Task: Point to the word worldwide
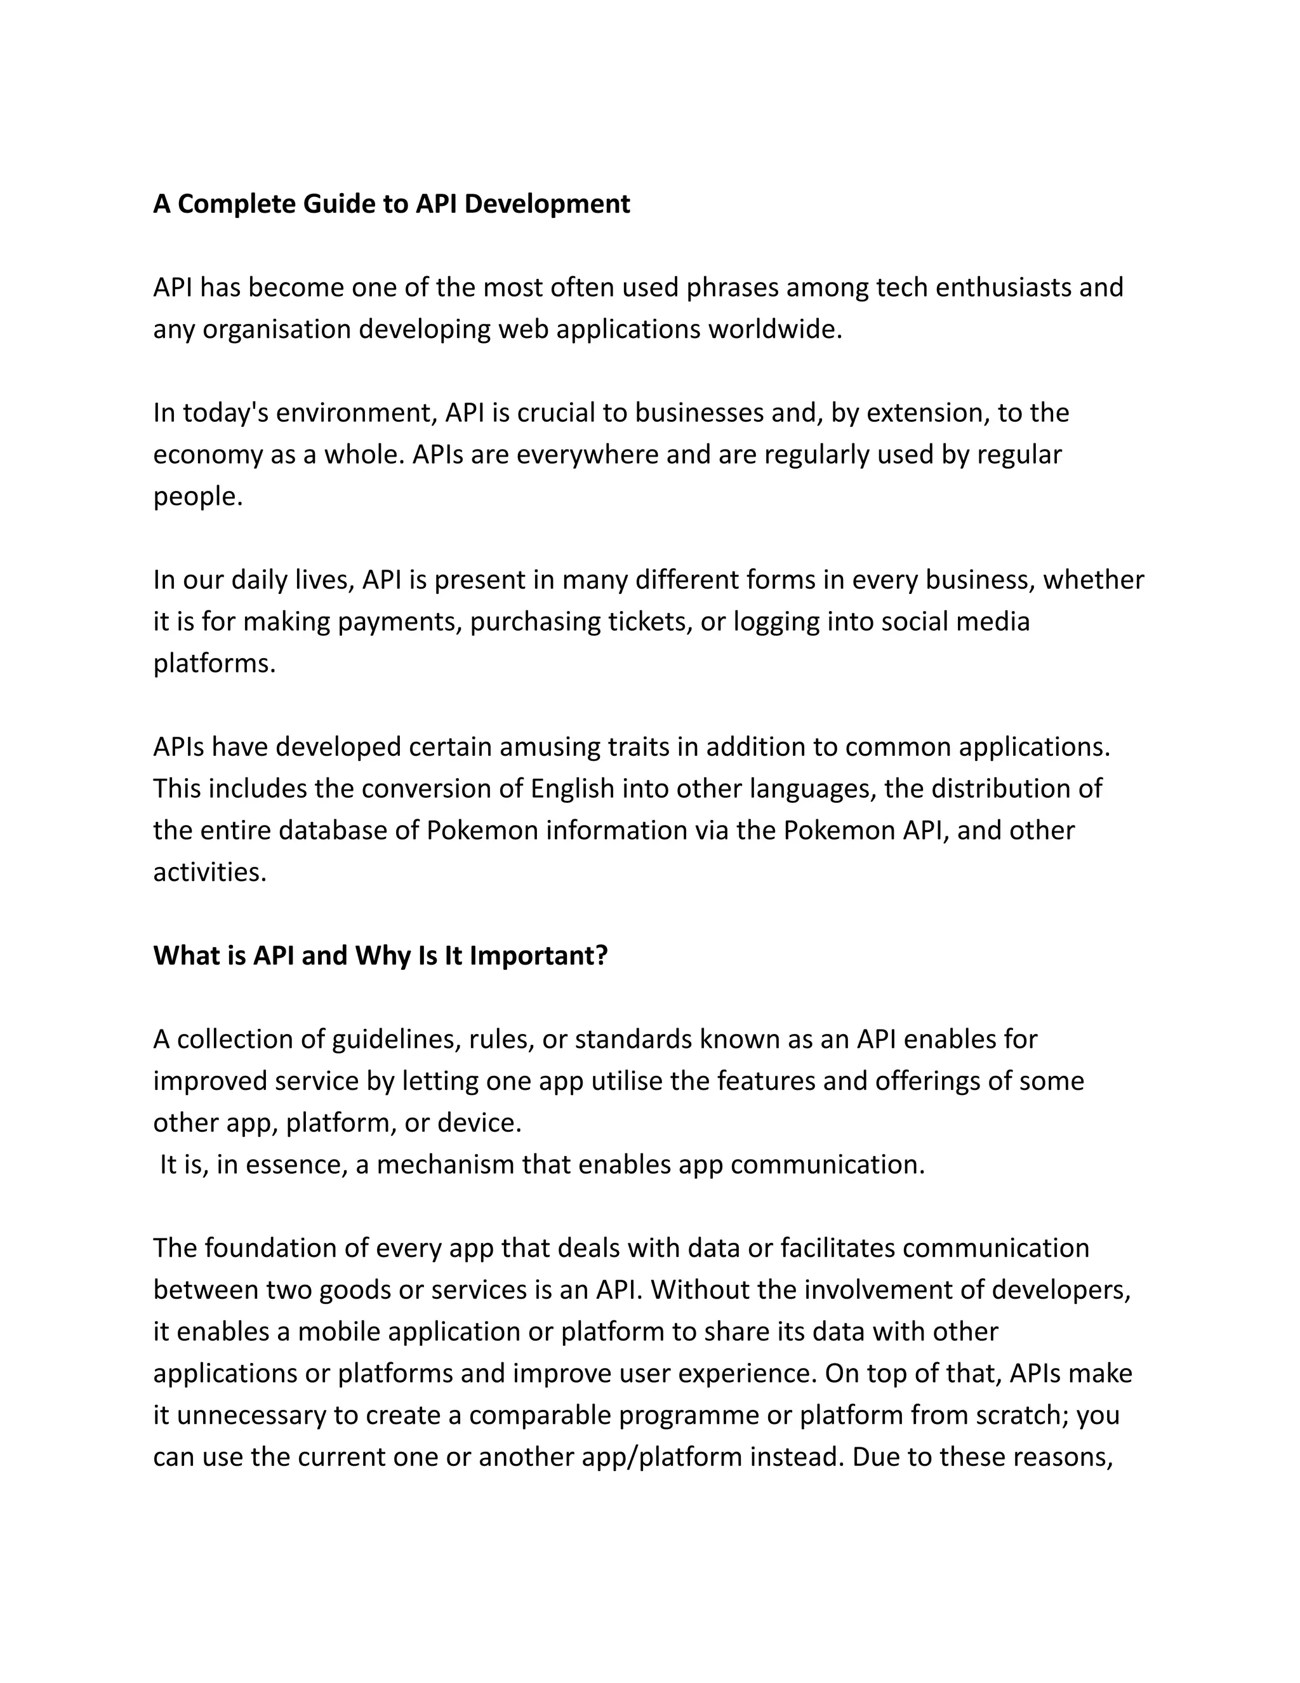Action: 775,329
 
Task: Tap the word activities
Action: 209,873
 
